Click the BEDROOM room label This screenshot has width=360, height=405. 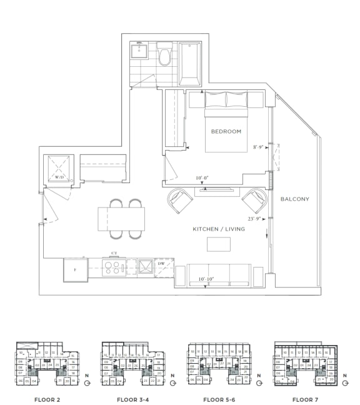(x=226, y=131)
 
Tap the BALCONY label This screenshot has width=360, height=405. (x=295, y=199)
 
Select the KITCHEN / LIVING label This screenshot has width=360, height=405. (x=219, y=229)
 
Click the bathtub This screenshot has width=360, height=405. (x=189, y=63)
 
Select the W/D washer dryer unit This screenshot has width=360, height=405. (x=60, y=169)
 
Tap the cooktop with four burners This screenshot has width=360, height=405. (x=114, y=267)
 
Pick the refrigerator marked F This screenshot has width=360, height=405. (x=75, y=271)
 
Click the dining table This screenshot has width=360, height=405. (x=121, y=219)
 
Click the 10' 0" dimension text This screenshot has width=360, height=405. (x=202, y=178)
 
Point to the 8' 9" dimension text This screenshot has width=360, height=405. (x=259, y=147)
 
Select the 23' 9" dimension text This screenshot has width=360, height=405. (x=253, y=219)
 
